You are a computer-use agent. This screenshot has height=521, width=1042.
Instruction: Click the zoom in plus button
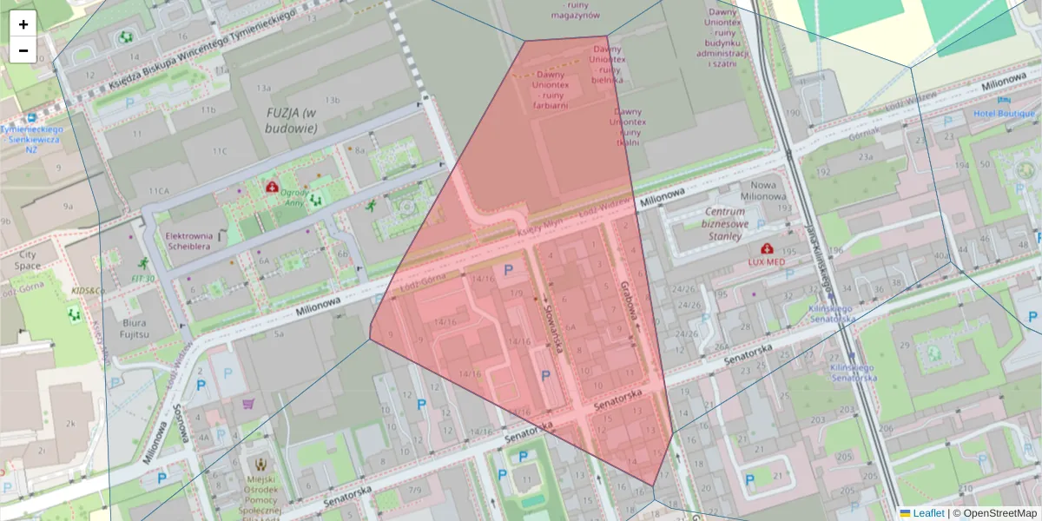23,24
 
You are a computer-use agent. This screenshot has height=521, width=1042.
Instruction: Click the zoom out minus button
23,50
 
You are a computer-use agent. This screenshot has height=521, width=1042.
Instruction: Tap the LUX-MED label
767,261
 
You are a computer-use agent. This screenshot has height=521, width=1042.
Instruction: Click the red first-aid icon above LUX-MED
767,248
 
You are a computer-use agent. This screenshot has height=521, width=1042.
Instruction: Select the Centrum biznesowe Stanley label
725,223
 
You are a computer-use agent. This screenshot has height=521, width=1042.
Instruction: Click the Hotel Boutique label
1005,114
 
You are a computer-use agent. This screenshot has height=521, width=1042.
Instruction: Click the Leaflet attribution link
928,513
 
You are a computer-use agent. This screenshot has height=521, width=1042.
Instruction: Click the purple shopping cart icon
250,403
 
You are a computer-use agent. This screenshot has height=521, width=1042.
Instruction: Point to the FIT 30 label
143,278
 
